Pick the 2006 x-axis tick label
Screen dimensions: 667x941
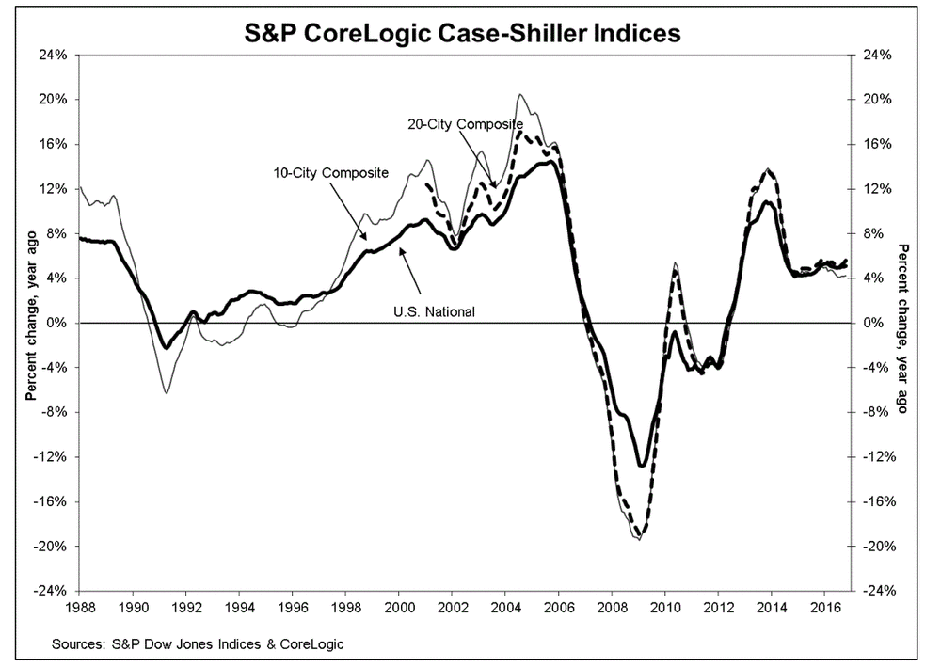(x=559, y=607)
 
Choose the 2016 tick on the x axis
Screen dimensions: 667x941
(x=825, y=607)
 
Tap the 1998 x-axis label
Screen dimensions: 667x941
(x=345, y=607)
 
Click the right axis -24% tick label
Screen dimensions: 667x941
(x=875, y=591)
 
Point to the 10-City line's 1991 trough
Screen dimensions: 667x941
(x=167, y=392)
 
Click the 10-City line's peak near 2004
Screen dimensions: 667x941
(x=520, y=95)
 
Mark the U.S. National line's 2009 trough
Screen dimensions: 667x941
(x=642, y=465)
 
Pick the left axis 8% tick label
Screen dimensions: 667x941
(x=56, y=233)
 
